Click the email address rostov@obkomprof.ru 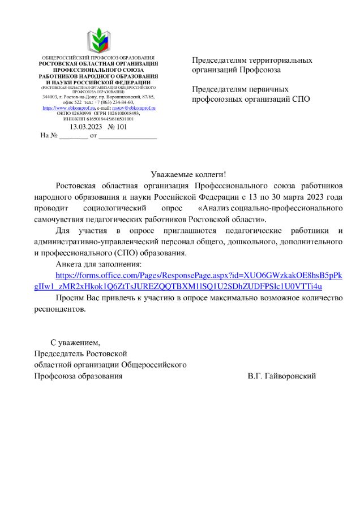(x=134, y=107)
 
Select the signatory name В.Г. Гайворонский (x=281, y=376)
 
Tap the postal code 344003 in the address (x=50, y=97)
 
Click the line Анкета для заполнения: (x=98, y=264)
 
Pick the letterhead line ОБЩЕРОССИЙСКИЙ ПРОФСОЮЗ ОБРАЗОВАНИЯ (x=98, y=58)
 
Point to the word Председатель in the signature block (x=58, y=353)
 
